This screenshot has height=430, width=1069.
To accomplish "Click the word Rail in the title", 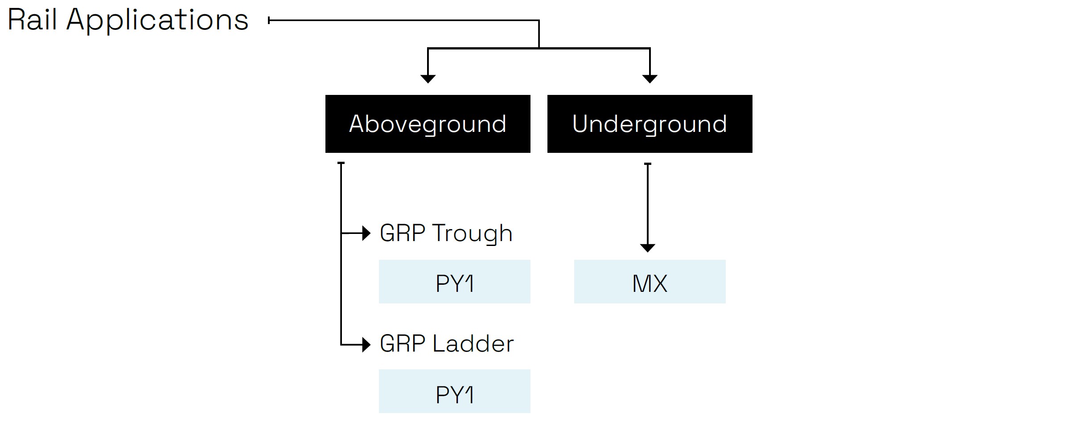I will [32, 20].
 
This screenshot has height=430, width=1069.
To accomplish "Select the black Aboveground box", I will [428, 124].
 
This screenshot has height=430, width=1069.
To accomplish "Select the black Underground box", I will [650, 124].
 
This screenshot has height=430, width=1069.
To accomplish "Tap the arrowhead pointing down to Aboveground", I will [428, 79].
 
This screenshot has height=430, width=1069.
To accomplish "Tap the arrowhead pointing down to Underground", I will [650, 79].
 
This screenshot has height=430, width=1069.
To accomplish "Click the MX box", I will [650, 282].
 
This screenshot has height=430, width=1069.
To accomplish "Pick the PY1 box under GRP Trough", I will [454, 282].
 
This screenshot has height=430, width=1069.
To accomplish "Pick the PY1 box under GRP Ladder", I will [454, 392].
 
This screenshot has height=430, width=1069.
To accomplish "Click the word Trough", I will [472, 233].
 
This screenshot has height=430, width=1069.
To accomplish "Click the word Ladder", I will [473, 344].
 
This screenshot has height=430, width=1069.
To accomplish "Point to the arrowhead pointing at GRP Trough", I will [366, 233].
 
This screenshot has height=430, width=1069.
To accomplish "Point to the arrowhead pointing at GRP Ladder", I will [366, 344].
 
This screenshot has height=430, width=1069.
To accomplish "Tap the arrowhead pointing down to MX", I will [648, 248].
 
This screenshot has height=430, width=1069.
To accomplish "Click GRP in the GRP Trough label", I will [403, 233].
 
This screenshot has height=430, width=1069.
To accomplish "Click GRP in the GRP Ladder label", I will [403, 344].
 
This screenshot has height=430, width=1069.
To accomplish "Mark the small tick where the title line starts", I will [269, 20].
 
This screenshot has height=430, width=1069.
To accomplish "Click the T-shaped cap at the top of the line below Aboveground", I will [341, 163].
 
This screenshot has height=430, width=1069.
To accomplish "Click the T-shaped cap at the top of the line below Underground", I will [648, 164].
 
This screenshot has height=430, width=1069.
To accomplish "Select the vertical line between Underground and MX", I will [648, 205].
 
